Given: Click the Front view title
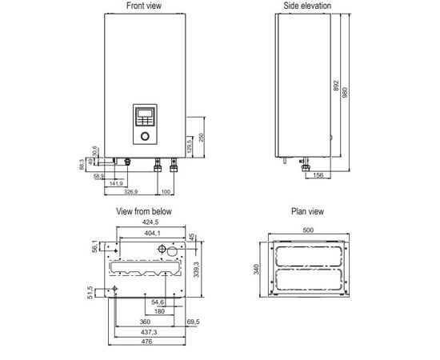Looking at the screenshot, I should tap(144, 6).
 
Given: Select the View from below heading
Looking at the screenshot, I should tap(144, 212).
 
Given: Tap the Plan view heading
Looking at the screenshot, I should tap(307, 212).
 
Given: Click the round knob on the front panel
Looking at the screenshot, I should tap(145, 137).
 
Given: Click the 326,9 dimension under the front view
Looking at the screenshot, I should tap(131, 193).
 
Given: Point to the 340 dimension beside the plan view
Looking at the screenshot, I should tap(257, 270).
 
